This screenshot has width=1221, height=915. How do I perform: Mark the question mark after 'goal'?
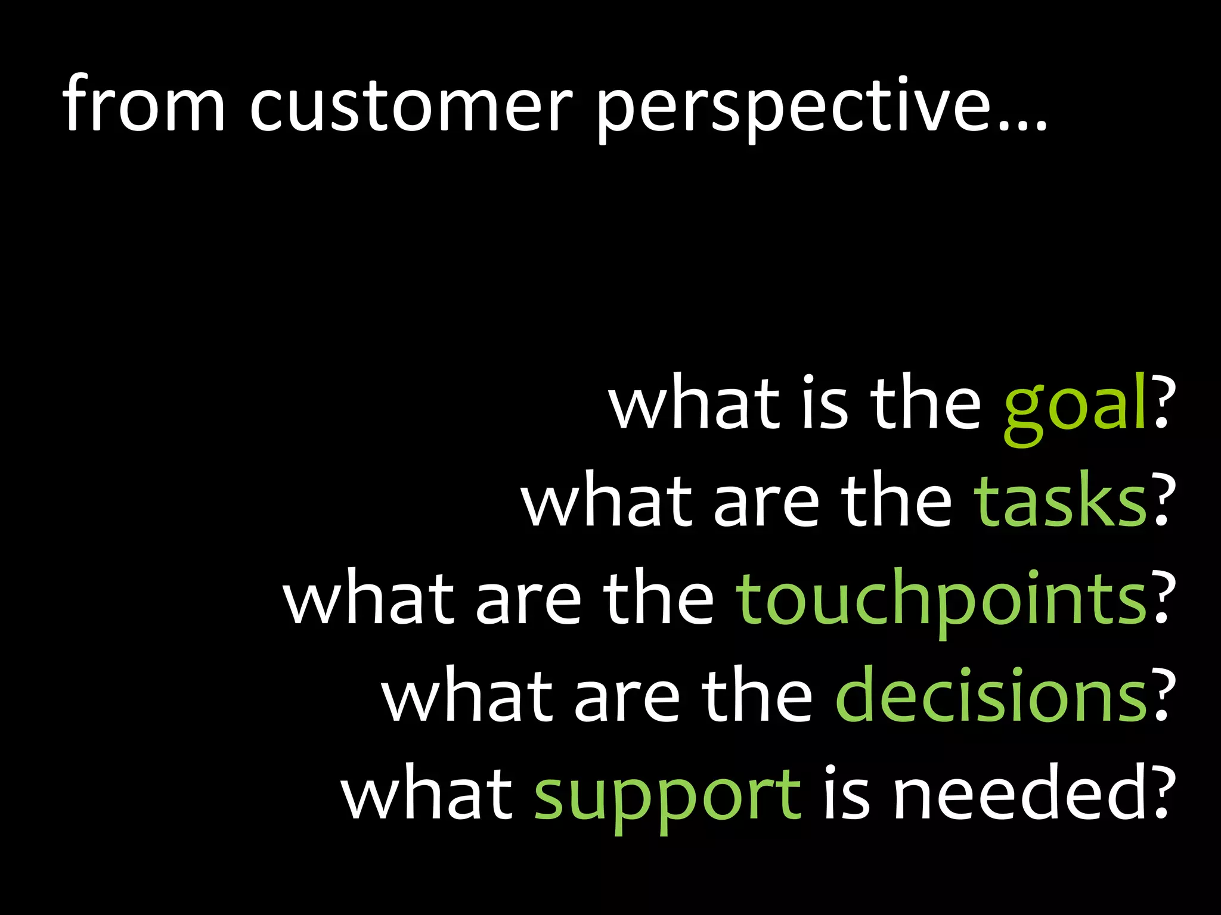(x=1163, y=402)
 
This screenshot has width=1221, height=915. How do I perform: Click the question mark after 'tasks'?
(x=1163, y=500)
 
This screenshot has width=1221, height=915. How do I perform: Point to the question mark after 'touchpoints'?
(x=1163, y=598)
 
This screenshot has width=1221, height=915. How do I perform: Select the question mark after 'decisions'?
(x=1163, y=695)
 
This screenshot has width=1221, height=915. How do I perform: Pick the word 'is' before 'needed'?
(x=846, y=794)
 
